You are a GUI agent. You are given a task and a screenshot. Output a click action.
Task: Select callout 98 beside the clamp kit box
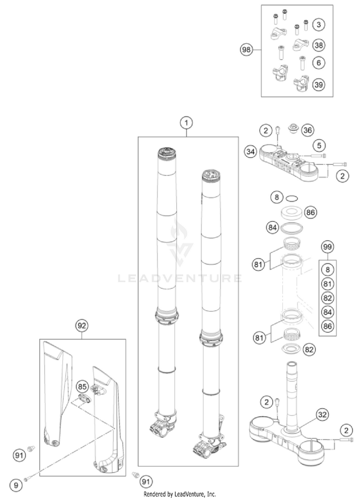247,50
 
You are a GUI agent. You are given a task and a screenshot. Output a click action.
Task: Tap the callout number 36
319,24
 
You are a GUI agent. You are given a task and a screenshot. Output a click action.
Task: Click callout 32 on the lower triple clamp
310,414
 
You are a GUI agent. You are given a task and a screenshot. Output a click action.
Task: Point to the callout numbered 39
319,85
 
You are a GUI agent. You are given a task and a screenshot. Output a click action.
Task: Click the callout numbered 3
319,24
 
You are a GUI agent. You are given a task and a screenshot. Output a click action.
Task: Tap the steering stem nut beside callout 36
292,129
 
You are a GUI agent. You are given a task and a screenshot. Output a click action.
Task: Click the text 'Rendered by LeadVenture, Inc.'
180,494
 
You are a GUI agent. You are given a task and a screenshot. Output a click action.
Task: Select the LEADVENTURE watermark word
180,278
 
